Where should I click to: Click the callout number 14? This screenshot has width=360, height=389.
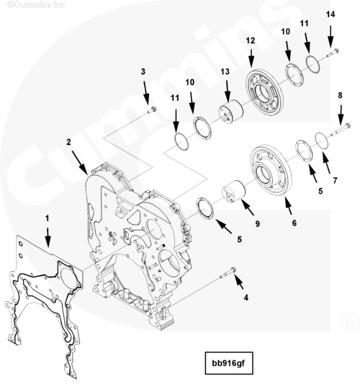(330, 14)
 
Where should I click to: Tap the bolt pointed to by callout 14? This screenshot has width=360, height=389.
(332, 53)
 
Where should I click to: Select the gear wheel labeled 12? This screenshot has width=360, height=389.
(264, 92)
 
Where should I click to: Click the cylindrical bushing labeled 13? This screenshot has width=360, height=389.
(230, 112)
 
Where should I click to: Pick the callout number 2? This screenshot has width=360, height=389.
(68, 142)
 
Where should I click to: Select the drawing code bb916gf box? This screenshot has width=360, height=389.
(229, 363)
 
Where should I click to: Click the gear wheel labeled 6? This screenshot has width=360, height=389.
(271, 169)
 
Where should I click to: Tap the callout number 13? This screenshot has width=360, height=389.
(225, 72)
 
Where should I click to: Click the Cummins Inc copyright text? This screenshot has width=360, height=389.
(36, 4)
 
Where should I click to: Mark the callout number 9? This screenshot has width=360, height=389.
(258, 224)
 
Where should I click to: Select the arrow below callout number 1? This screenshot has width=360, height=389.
(48, 238)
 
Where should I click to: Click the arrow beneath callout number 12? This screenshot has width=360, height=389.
(251, 58)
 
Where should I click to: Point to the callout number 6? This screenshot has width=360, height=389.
(294, 223)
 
